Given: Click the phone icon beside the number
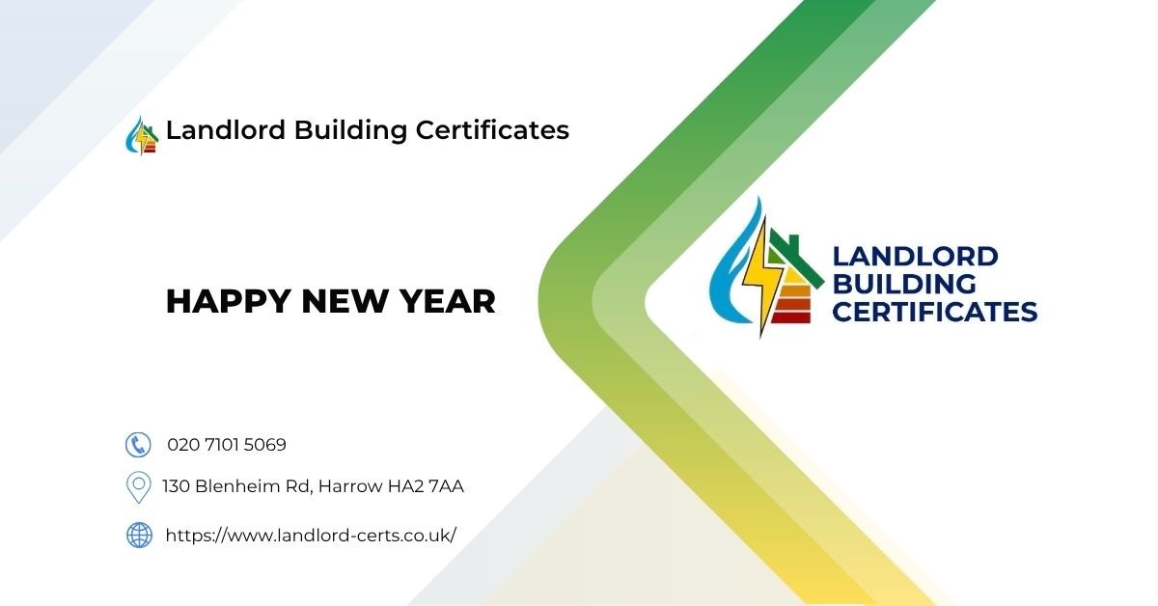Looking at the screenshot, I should click(x=139, y=444).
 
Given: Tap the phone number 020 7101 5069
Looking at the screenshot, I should click(x=227, y=445).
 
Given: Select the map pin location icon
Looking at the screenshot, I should click(x=139, y=486).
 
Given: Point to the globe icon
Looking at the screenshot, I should click(x=139, y=535).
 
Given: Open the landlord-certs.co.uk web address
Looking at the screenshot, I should click(x=311, y=535).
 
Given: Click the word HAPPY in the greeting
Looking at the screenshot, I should click(x=229, y=302).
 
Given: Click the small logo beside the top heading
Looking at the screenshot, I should click(x=142, y=135).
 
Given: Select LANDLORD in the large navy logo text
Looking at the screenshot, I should click(x=915, y=257).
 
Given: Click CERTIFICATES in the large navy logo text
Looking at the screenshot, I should click(x=934, y=312).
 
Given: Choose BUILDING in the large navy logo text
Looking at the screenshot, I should click(x=903, y=285).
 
